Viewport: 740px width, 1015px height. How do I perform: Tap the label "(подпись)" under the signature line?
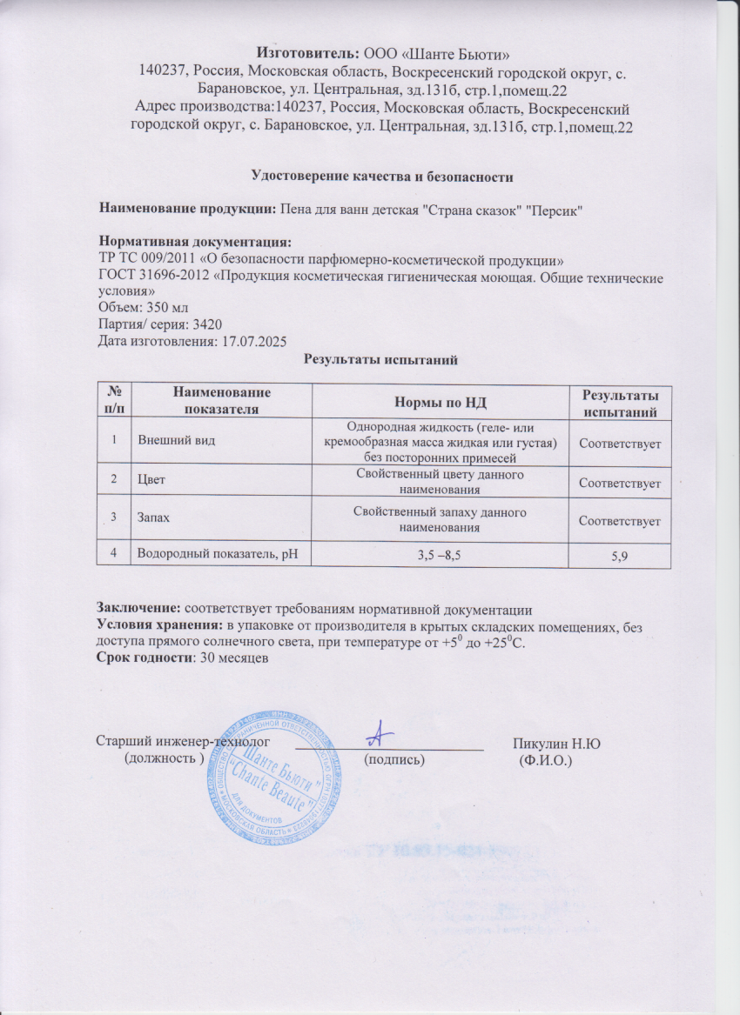(x=394, y=759)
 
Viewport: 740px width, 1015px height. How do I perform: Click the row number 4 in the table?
(x=113, y=551)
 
